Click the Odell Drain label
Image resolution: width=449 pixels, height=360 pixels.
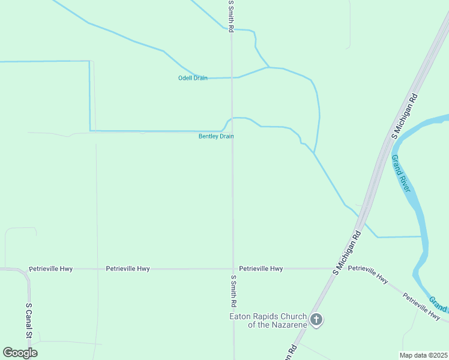(x=193, y=78)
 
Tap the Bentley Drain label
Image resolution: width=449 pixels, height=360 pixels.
(x=216, y=136)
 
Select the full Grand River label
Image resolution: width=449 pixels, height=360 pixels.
(x=400, y=173)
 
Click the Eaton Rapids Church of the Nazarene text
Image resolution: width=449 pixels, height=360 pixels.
(x=268, y=320)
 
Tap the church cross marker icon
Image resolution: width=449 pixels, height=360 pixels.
(x=317, y=320)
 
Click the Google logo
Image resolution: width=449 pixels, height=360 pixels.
(x=20, y=353)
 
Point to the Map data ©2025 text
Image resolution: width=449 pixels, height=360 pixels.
(x=423, y=355)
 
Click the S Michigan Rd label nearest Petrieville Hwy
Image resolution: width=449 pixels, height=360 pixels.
(x=348, y=251)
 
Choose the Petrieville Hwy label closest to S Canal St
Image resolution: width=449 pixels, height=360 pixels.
(x=51, y=269)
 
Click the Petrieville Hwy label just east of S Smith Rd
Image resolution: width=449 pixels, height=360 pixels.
(x=261, y=269)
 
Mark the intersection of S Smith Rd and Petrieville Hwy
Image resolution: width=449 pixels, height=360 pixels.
(x=233, y=269)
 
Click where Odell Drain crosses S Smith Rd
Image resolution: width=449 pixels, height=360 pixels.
(x=232, y=77)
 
